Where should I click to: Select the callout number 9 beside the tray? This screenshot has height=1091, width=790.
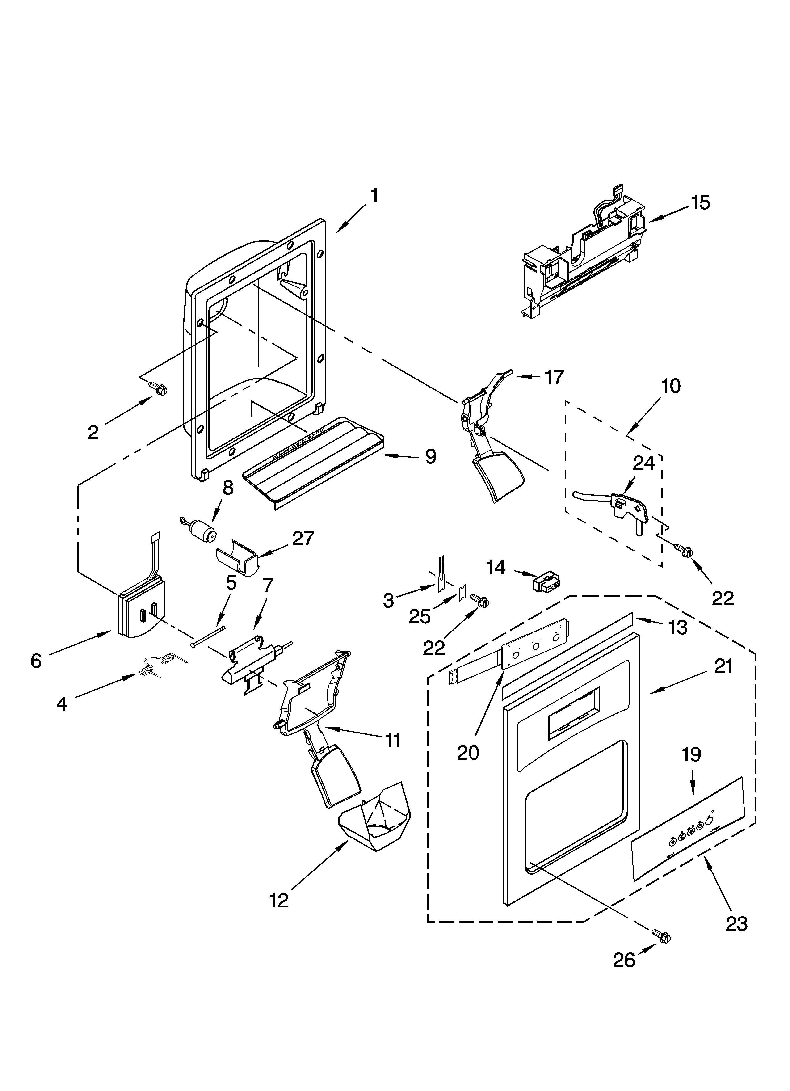431,456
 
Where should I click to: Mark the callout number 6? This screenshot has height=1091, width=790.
36,661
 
